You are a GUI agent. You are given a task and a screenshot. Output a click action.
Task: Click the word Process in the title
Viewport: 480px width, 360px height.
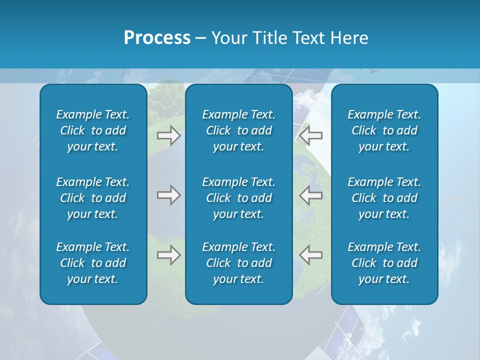click(157, 38)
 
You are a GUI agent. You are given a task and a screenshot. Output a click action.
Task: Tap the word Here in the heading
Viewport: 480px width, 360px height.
click(349, 38)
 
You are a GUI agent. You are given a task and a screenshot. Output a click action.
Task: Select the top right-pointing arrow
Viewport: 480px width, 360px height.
click(168, 135)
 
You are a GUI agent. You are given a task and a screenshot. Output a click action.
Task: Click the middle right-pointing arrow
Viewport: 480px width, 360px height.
click(168, 195)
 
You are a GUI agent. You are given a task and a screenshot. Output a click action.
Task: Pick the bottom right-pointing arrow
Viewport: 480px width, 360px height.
click(168, 255)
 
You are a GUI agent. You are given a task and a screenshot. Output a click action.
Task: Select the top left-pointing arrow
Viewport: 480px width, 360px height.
click(310, 135)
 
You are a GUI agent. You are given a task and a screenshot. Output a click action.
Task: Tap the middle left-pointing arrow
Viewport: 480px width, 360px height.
click(310, 195)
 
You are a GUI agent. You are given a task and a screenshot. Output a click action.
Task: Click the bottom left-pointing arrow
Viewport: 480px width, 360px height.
click(310, 255)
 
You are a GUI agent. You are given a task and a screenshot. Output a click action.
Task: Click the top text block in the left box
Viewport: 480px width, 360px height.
click(93, 130)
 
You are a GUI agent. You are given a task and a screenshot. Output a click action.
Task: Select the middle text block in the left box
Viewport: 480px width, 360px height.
click(93, 198)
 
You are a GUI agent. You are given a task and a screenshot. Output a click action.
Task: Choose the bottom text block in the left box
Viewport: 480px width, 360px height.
click(93, 263)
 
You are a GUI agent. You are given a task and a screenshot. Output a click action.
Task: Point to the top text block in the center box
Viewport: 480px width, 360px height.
click(239, 130)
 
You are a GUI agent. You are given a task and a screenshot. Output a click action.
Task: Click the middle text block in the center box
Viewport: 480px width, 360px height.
click(239, 198)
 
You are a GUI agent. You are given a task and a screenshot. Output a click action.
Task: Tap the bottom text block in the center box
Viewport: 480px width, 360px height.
click(239, 263)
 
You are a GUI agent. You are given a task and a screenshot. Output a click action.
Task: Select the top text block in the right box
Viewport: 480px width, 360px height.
click(384, 130)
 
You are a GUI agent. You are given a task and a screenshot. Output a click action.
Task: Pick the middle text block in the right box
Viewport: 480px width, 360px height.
click(384, 198)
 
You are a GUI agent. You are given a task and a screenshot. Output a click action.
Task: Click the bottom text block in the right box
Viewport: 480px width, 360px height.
click(384, 263)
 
